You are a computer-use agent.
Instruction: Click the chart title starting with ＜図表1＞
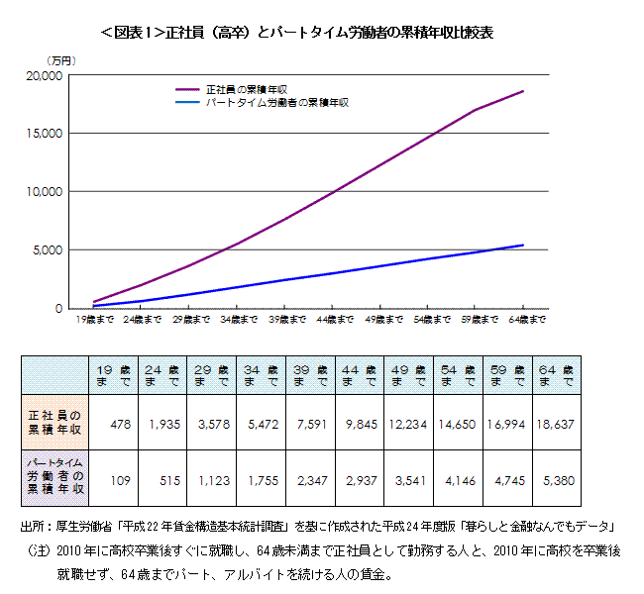point(297,34)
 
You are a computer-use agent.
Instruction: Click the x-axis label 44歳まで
point(336,320)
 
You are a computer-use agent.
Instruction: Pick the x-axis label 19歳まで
point(95,320)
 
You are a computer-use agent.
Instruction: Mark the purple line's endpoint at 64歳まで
point(523,91)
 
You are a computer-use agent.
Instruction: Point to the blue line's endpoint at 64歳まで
point(523,246)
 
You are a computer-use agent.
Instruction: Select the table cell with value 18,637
point(557,424)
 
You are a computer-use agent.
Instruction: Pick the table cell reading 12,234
point(409,424)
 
